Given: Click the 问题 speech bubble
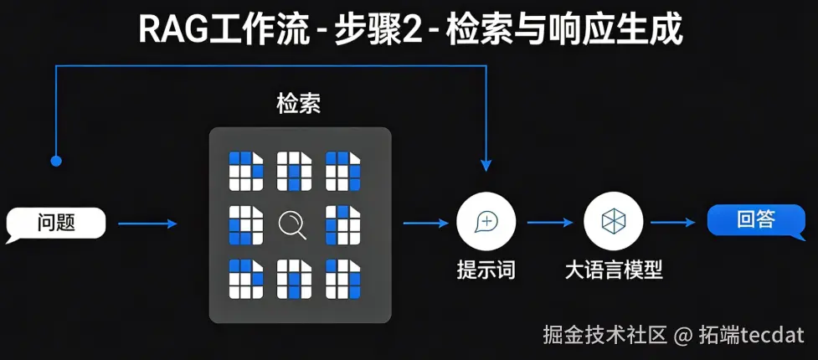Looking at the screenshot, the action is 56,223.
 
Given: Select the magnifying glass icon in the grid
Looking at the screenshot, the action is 293,224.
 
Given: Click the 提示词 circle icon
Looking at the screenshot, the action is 486,222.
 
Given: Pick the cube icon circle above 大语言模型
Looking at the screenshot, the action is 613,222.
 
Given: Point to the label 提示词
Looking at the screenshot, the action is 486,270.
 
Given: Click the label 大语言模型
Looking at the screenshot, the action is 614,270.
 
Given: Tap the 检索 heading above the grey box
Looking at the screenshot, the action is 299,104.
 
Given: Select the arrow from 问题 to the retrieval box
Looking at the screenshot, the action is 147,224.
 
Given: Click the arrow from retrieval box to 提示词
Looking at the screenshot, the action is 425,223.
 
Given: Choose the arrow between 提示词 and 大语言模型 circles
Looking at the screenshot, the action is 549,223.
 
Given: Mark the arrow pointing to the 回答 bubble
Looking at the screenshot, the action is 673,223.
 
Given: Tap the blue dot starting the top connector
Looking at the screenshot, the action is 56,159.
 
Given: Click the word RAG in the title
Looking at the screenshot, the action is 167,30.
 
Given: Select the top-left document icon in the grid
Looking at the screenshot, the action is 245,171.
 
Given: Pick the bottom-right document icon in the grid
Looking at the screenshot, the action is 342,279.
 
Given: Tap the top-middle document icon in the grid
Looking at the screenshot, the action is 294,171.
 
